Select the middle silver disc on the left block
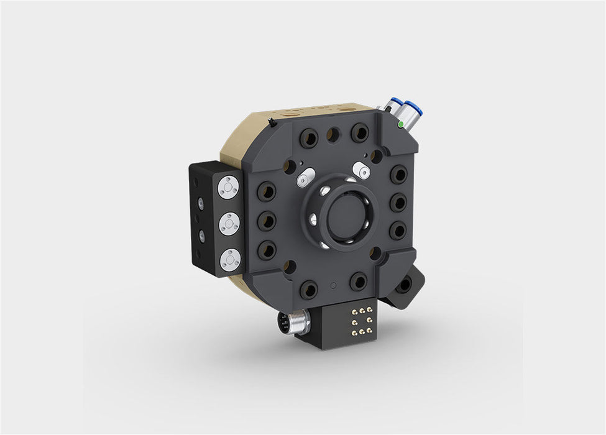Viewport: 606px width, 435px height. pos(230,222)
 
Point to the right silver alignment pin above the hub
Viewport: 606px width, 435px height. pos(361,169)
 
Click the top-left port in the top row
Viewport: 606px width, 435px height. pos(308,139)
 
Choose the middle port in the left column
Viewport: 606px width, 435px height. pos(266,220)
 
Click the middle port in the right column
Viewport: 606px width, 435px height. pos(398,203)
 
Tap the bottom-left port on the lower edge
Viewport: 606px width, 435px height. pos(308,289)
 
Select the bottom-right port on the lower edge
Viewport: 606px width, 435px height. pos(359,282)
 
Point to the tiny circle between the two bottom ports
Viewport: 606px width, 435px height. pos(334,285)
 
